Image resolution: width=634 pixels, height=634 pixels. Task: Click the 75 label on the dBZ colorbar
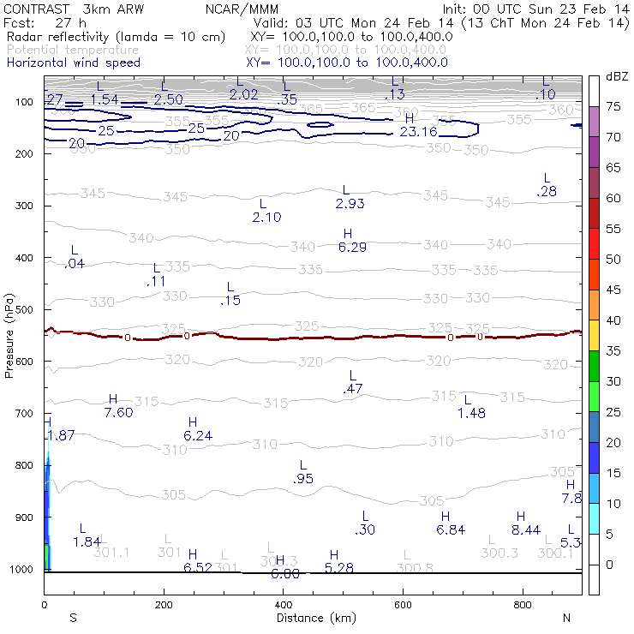coord(614,107)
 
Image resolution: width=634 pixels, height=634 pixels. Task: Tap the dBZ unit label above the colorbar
coord(616,77)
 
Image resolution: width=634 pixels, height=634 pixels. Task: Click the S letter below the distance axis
coord(73,618)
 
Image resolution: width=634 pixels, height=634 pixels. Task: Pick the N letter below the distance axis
coord(566,618)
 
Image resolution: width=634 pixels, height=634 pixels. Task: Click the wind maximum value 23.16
coord(418,131)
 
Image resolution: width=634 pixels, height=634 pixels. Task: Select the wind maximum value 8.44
coord(525,530)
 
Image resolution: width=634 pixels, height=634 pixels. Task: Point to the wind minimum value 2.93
coord(350,203)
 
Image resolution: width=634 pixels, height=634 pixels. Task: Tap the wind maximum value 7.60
coord(118,413)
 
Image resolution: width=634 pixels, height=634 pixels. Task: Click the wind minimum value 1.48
coord(471,414)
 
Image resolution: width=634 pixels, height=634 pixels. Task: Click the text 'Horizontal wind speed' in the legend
coord(73,63)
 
